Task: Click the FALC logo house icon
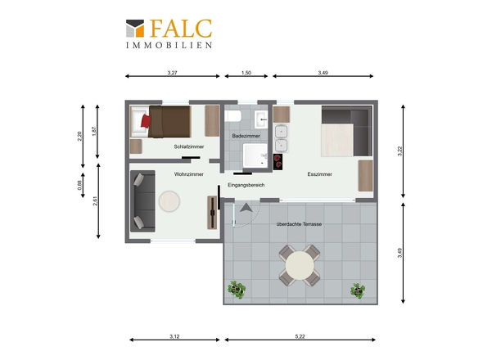[135, 29]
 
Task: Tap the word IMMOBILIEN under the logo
[169, 45]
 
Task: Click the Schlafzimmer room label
[189, 146]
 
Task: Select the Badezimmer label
[246, 136]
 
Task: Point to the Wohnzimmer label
[189, 174]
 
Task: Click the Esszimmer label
[320, 174]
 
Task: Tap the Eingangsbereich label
[246, 185]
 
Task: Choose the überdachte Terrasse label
[299, 224]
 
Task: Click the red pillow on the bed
[146, 121]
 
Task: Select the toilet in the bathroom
[233, 116]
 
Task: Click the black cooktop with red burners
[278, 162]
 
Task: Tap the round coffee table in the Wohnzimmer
[169, 201]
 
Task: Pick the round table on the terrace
[300, 265]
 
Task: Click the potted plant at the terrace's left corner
[237, 290]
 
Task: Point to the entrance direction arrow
[246, 208]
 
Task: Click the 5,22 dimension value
[300, 336]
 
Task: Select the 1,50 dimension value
[246, 73]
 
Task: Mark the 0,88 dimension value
[79, 185]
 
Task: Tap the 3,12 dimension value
[174, 336]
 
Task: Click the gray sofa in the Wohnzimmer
[142, 201]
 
